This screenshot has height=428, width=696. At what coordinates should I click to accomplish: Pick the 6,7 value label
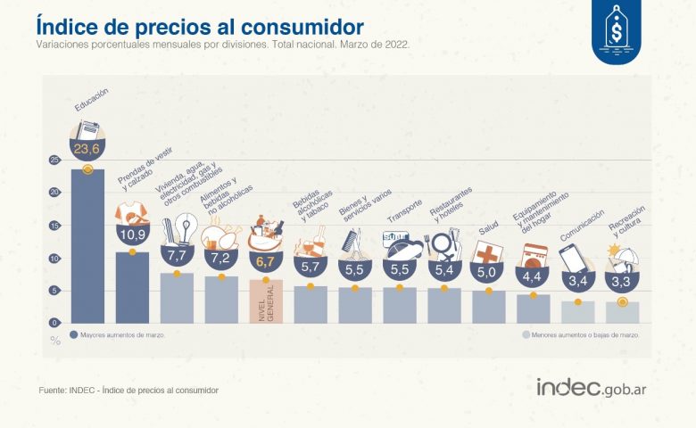point(266,261)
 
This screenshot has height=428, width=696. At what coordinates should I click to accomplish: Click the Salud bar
point(488,306)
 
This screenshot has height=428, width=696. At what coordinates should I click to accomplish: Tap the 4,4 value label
point(534,276)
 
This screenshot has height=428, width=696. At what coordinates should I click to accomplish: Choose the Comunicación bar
point(578,311)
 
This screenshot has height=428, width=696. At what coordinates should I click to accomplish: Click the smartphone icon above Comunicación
point(574,259)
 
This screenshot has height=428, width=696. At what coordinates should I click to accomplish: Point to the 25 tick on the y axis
point(54,160)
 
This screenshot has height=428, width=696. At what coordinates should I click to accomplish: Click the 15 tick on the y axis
point(54,226)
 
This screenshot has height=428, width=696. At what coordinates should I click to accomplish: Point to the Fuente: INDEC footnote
point(128,391)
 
